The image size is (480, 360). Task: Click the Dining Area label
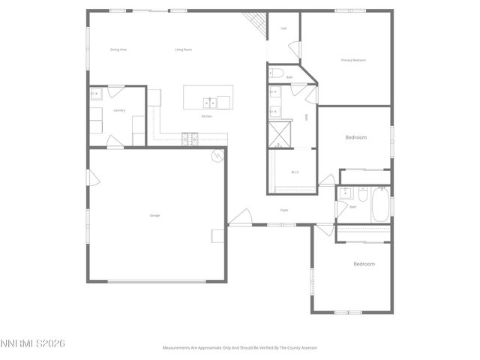[x=118, y=49]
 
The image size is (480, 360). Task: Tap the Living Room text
[x=183, y=49]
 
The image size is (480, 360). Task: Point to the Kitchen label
[x=206, y=116]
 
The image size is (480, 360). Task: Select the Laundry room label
[x=119, y=110]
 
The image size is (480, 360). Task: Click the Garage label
[x=154, y=215]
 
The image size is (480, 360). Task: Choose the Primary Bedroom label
[x=353, y=60]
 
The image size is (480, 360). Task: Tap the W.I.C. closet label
[x=295, y=172]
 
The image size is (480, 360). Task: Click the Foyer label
[x=284, y=210]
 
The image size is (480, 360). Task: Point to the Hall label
[x=284, y=28]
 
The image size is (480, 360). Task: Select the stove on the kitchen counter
[x=188, y=138]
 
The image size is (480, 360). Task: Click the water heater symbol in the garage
[x=217, y=156]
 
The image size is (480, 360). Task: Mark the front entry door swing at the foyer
[x=240, y=218]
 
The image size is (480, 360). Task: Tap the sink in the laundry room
[x=97, y=94]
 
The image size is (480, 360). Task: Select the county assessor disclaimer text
[x=239, y=348]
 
